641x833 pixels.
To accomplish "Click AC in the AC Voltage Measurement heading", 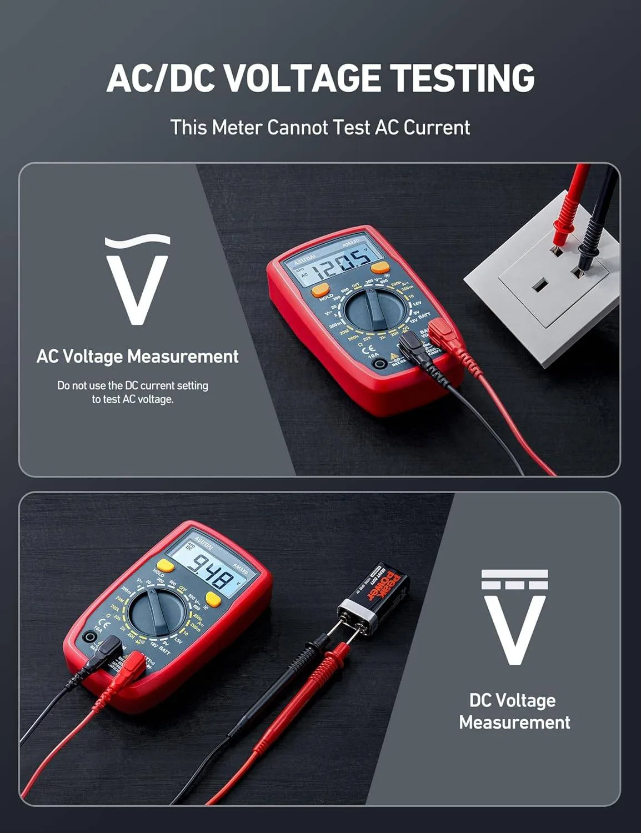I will tap(47, 357).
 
